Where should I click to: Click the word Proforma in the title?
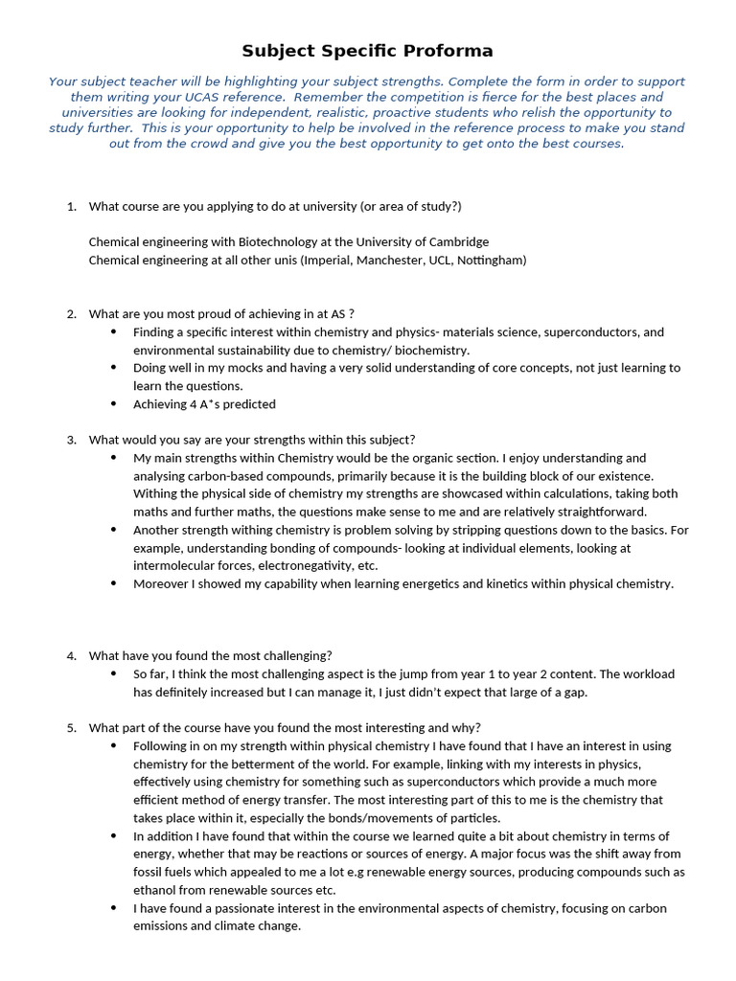(447, 51)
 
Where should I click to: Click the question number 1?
(71, 207)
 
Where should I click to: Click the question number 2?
(71, 314)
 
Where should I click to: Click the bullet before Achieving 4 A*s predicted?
(114, 404)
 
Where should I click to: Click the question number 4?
(71, 656)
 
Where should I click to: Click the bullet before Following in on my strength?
(114, 745)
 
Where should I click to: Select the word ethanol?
(155, 890)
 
